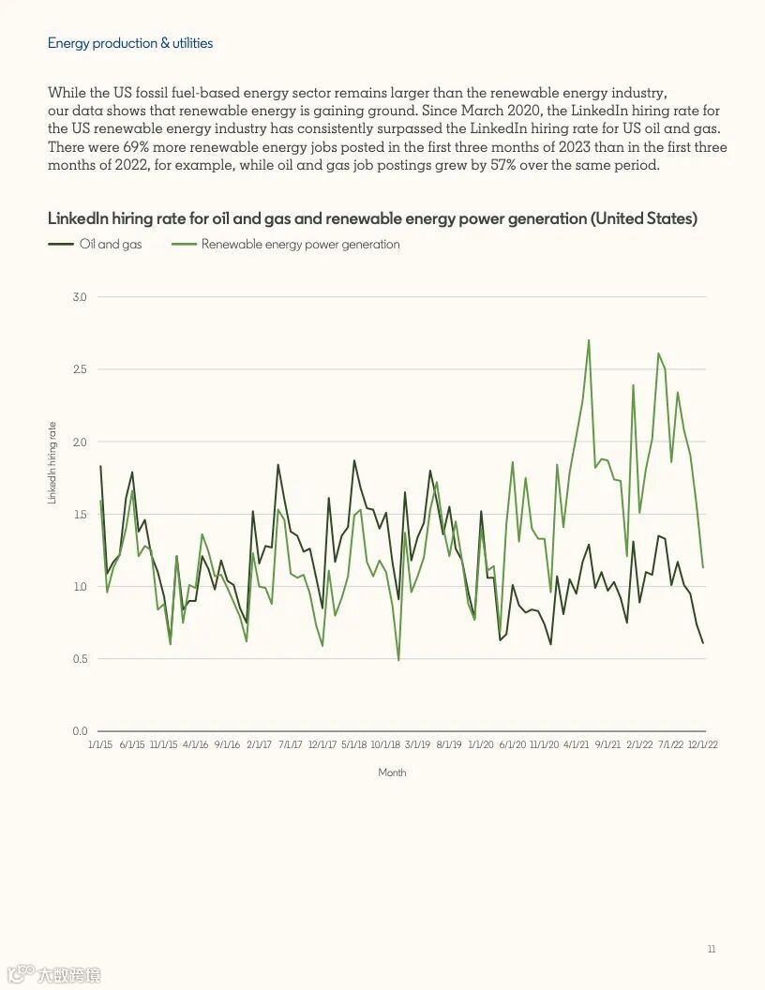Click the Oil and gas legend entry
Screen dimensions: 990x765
(111, 245)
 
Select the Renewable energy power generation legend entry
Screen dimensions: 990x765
(300, 245)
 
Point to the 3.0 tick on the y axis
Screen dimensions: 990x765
(80, 297)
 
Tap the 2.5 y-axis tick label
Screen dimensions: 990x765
(80, 369)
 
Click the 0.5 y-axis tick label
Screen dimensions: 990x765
(80, 659)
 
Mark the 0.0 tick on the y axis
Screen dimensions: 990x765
(80, 731)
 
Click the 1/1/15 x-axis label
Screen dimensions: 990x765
(99, 744)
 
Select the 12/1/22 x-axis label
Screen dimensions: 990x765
(703, 744)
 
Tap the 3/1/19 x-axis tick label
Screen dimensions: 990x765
(418, 744)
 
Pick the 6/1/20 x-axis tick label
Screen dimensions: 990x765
(513, 744)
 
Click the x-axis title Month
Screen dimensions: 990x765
(392, 772)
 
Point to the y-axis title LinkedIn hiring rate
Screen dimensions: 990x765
(52, 463)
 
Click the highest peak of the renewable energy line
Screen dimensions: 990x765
(589, 340)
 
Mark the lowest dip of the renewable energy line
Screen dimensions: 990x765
(398, 660)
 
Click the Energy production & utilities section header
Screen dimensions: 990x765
(130, 43)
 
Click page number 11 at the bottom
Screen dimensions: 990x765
(712, 950)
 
